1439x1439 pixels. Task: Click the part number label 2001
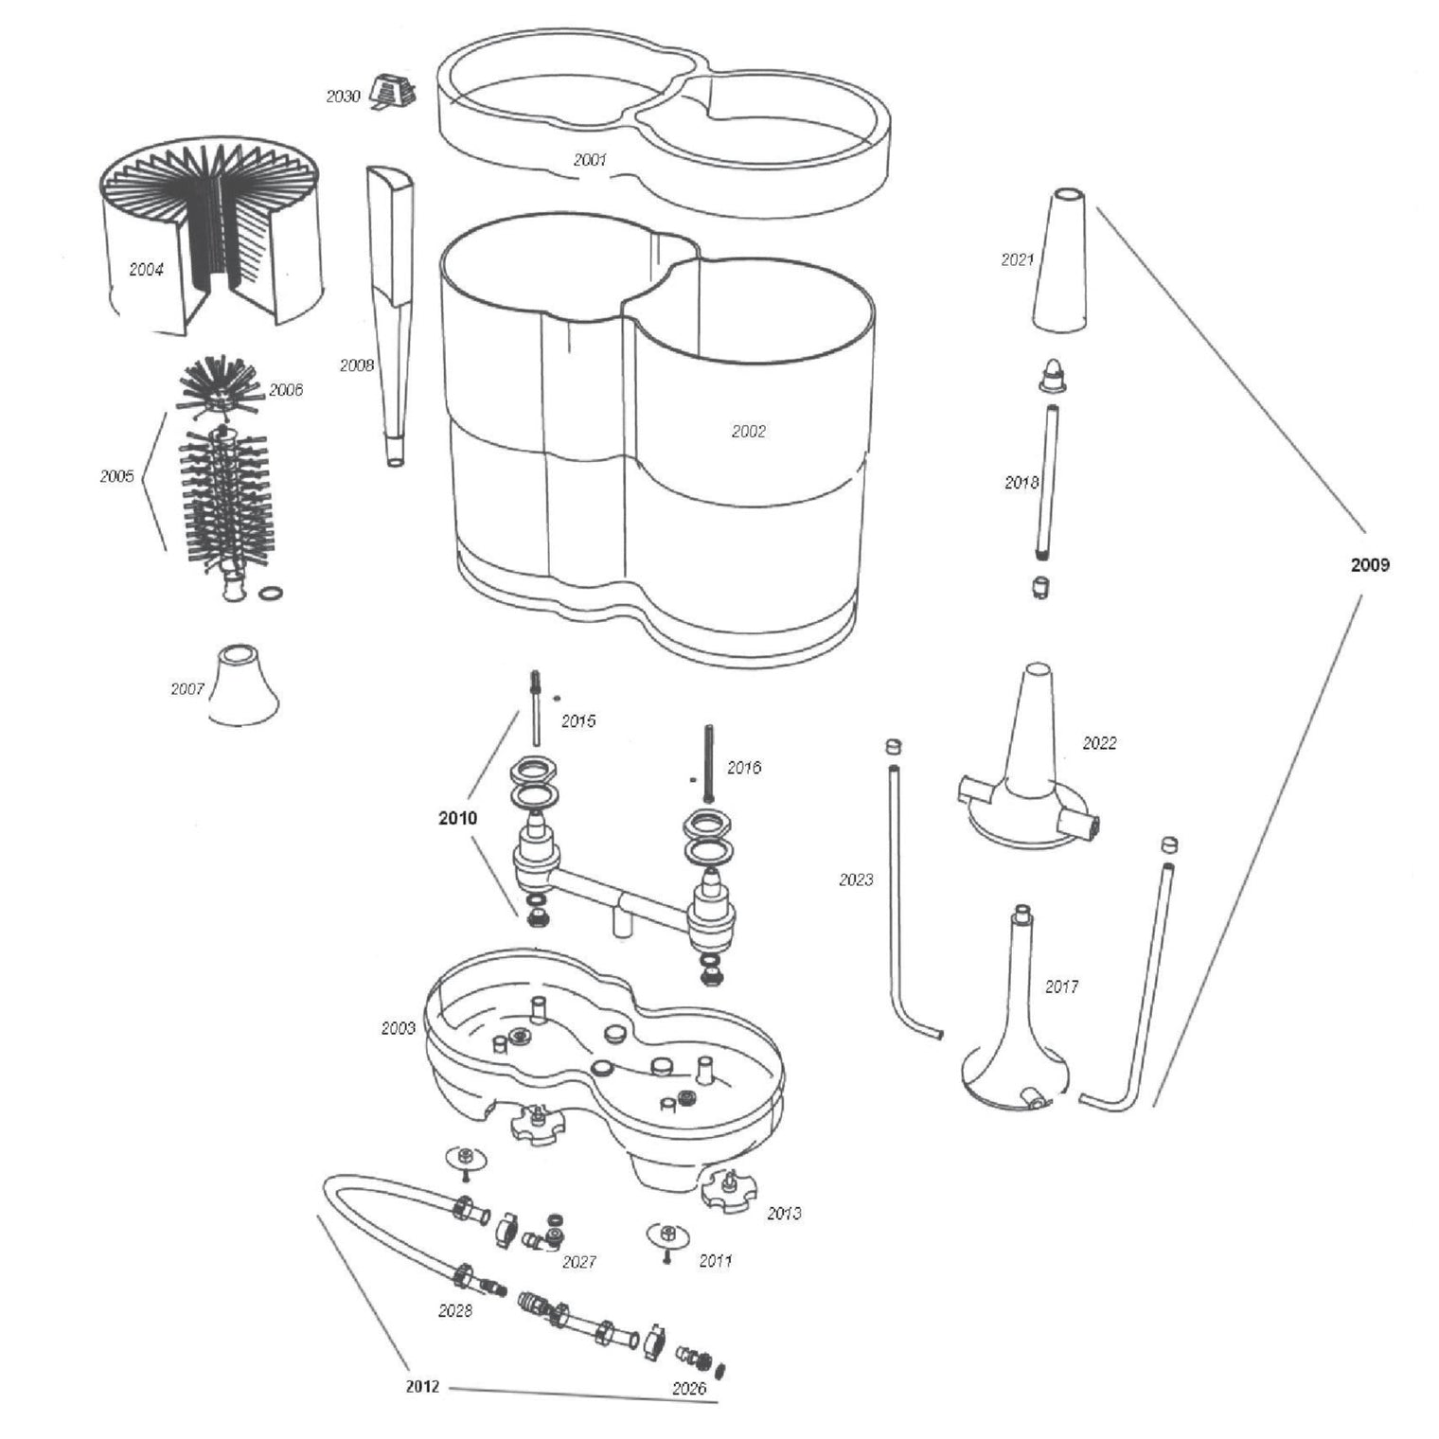coord(590,160)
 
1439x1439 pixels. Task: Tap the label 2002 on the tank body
coord(748,431)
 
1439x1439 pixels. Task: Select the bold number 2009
coord(1370,565)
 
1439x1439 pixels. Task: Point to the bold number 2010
coord(458,818)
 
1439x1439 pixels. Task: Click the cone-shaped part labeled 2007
coord(243,684)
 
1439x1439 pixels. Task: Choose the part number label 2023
coord(856,879)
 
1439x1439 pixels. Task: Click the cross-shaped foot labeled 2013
coord(730,1188)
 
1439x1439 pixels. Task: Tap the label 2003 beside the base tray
coord(398,1027)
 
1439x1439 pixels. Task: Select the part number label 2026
coord(688,1388)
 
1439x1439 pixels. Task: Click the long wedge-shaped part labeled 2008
coord(392,317)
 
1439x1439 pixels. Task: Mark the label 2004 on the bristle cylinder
coord(146,270)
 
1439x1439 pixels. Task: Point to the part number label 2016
coord(743,768)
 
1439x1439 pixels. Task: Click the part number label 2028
coord(454,1311)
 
